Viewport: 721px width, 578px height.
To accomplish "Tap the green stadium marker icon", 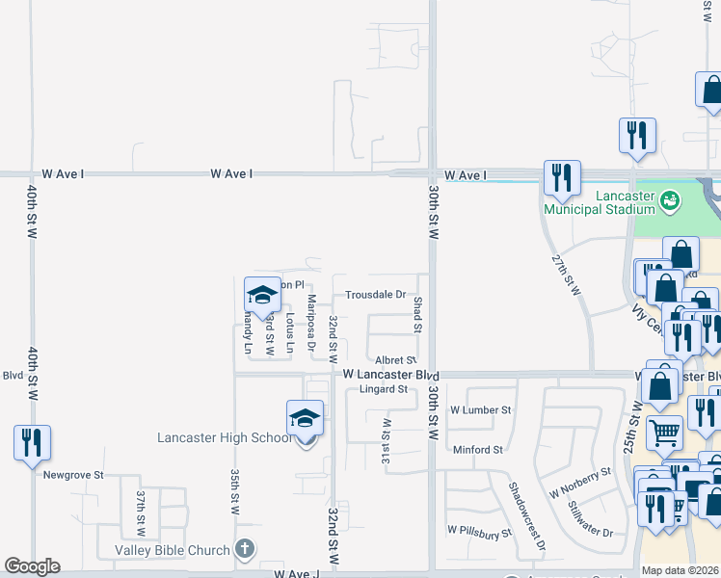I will tap(670, 199).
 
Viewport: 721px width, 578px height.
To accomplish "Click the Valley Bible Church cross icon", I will tap(245, 550).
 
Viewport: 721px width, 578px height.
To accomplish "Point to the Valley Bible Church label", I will tap(173, 550).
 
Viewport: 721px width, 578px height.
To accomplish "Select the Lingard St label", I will tap(383, 389).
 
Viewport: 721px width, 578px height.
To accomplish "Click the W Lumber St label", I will tap(479, 410).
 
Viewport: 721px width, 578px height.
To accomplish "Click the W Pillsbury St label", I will tap(478, 530).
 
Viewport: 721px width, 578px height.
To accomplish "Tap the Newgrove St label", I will tap(72, 475).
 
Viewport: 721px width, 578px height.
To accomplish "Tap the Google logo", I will tap(32, 566).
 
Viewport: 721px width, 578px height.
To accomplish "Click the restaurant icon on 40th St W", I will tap(32, 442).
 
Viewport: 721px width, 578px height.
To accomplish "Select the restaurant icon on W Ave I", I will tap(562, 177).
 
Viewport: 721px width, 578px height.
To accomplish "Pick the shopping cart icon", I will tap(664, 433).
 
